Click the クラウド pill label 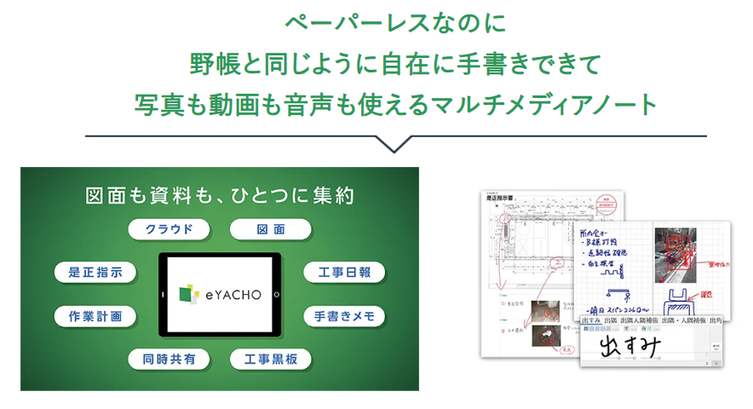point(170,229)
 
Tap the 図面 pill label point(271,229)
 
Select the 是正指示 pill point(95,273)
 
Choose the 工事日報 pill point(344,273)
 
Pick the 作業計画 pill point(95,316)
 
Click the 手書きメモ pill point(344,316)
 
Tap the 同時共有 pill point(170,359)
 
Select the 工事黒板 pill point(271,359)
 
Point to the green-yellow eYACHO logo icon point(189,293)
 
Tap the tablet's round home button point(277,294)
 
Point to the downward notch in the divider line point(395,145)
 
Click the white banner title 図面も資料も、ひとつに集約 point(220,195)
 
